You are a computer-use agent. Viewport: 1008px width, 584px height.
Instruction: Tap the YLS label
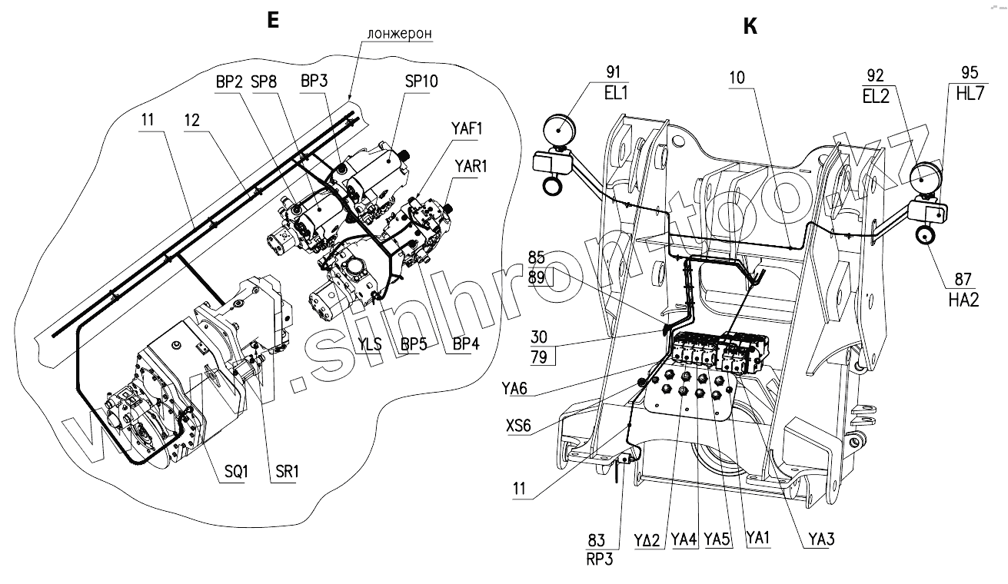click(x=371, y=345)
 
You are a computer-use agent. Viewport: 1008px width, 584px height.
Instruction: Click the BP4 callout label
click(x=467, y=345)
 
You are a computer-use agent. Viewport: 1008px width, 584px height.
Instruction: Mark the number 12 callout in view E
click(x=194, y=120)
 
